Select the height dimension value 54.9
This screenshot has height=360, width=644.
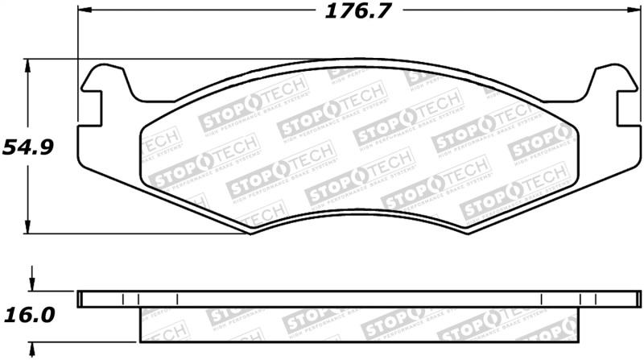25,147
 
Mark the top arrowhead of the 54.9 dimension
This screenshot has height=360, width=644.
31,64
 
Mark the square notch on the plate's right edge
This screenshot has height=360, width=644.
622,108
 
